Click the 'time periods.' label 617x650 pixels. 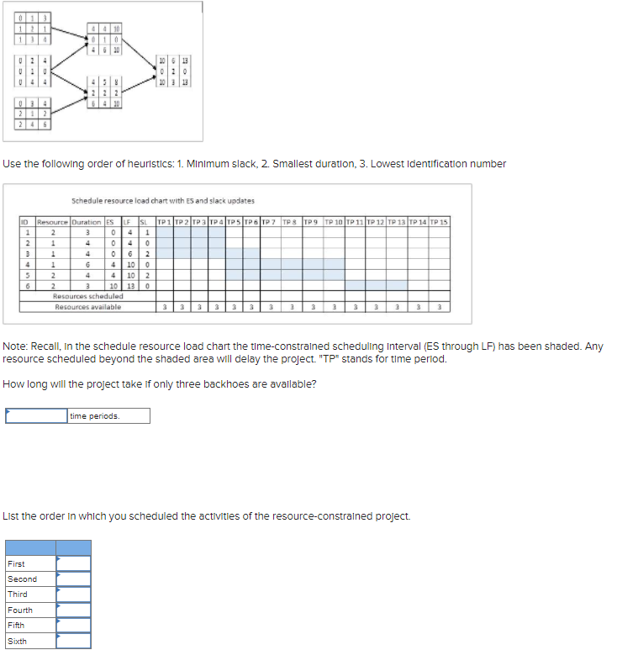click(95, 416)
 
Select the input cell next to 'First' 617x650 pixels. click(73, 563)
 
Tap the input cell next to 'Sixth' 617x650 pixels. click(73, 641)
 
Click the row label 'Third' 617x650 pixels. click(18, 595)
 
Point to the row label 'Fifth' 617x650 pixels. click(16, 626)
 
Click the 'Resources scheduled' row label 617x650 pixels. click(88, 296)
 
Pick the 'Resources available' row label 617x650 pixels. click(88, 307)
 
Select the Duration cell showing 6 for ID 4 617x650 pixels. click(87, 264)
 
